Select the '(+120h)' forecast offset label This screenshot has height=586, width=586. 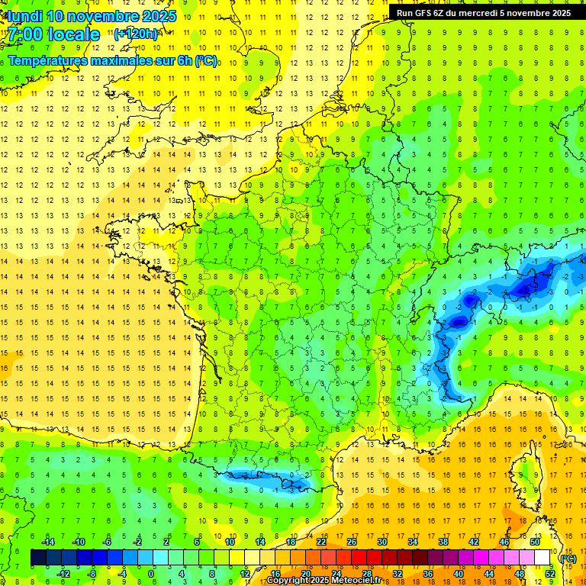pyautogui.click(x=136, y=34)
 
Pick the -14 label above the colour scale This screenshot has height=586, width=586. pyautogui.click(x=47, y=542)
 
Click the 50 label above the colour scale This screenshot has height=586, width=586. pyautogui.click(x=535, y=542)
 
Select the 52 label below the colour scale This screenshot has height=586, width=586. pyautogui.click(x=549, y=573)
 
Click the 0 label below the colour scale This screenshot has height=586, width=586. pyautogui.click(x=151, y=573)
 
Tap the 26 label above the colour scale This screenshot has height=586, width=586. pyautogui.click(x=352, y=542)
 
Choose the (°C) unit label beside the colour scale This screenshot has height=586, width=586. pyautogui.click(x=567, y=558)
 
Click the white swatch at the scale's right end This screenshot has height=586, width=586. pyautogui.click(x=542, y=558)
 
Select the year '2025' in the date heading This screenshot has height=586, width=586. pyautogui.click(x=158, y=16)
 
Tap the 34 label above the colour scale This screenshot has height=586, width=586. pyautogui.click(x=413, y=542)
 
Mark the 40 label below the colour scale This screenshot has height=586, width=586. pyautogui.click(x=458, y=573)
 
